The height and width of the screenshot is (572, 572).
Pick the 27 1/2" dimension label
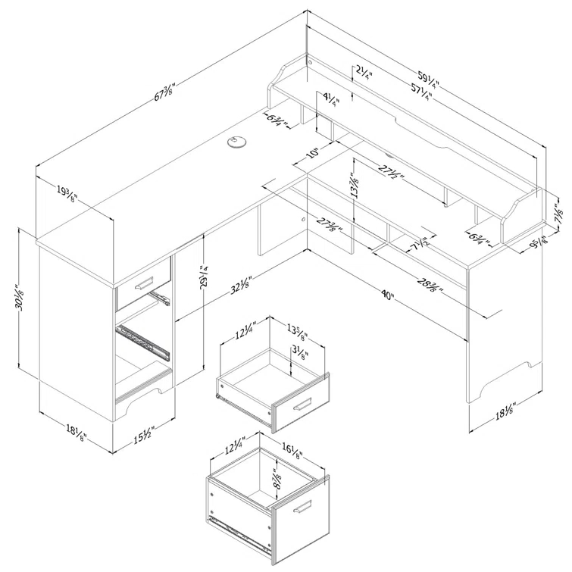[392, 173]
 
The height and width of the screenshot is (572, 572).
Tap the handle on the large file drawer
[302, 507]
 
